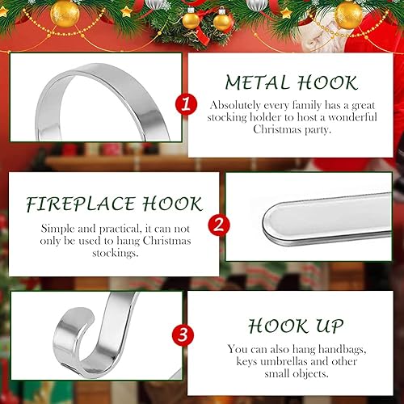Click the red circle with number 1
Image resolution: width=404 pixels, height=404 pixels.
click(186, 104)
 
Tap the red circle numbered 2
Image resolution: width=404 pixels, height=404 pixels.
click(219, 225)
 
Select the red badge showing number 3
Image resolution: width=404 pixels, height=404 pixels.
click(183, 335)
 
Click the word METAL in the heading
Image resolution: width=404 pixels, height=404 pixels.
click(257, 82)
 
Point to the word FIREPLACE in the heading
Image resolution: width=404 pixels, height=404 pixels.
click(81, 204)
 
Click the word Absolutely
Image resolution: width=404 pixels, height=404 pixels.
click(235, 105)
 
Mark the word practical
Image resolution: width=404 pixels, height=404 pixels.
click(120, 229)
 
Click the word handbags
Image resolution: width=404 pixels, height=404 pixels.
click(343, 349)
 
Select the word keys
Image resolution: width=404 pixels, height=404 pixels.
click(247, 362)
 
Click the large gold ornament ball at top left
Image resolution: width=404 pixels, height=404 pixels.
click(65, 14)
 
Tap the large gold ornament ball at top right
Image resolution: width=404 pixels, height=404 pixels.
click(349, 15)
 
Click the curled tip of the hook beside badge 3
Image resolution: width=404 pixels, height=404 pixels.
click(81, 314)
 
